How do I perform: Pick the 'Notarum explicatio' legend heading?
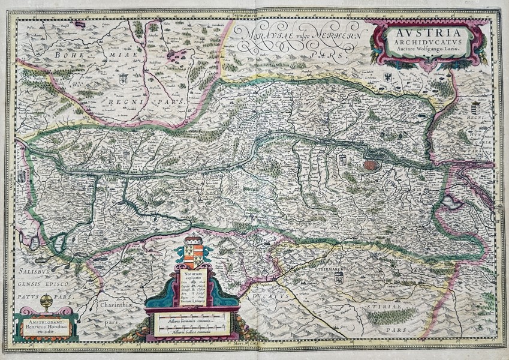coord(193,277)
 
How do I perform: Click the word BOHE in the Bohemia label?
coord(70,55)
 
